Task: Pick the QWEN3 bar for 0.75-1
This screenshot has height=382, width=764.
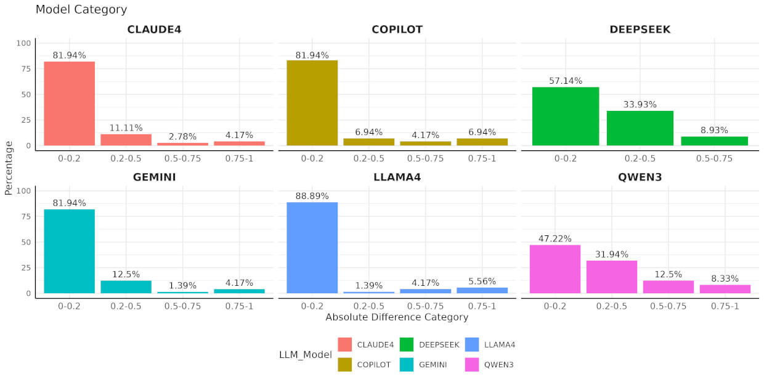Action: pyautogui.click(x=725, y=289)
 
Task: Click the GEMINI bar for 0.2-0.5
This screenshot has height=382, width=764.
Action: pyautogui.click(x=126, y=286)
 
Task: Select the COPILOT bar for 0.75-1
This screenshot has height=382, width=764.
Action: pyautogui.click(x=482, y=142)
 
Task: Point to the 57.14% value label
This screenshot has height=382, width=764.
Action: pyautogui.click(x=565, y=81)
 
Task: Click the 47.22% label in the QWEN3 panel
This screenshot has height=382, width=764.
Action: pyautogui.click(x=555, y=238)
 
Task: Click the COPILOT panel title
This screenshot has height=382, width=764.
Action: pyautogui.click(x=397, y=30)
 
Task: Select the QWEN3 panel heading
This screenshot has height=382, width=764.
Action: pyautogui.click(x=640, y=177)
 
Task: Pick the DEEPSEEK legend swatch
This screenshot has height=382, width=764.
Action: pyautogui.click(x=407, y=344)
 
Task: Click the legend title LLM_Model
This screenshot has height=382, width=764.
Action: pyautogui.click(x=305, y=354)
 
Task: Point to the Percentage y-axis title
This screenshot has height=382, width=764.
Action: pyautogui.click(x=9, y=168)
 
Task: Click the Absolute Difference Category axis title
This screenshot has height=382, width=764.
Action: pyautogui.click(x=397, y=317)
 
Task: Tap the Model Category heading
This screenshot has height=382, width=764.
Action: pyautogui.click(x=81, y=9)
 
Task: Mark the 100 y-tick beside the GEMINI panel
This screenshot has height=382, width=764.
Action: pyautogui.click(x=24, y=191)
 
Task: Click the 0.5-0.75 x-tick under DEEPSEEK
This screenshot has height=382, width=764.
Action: pyautogui.click(x=714, y=158)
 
